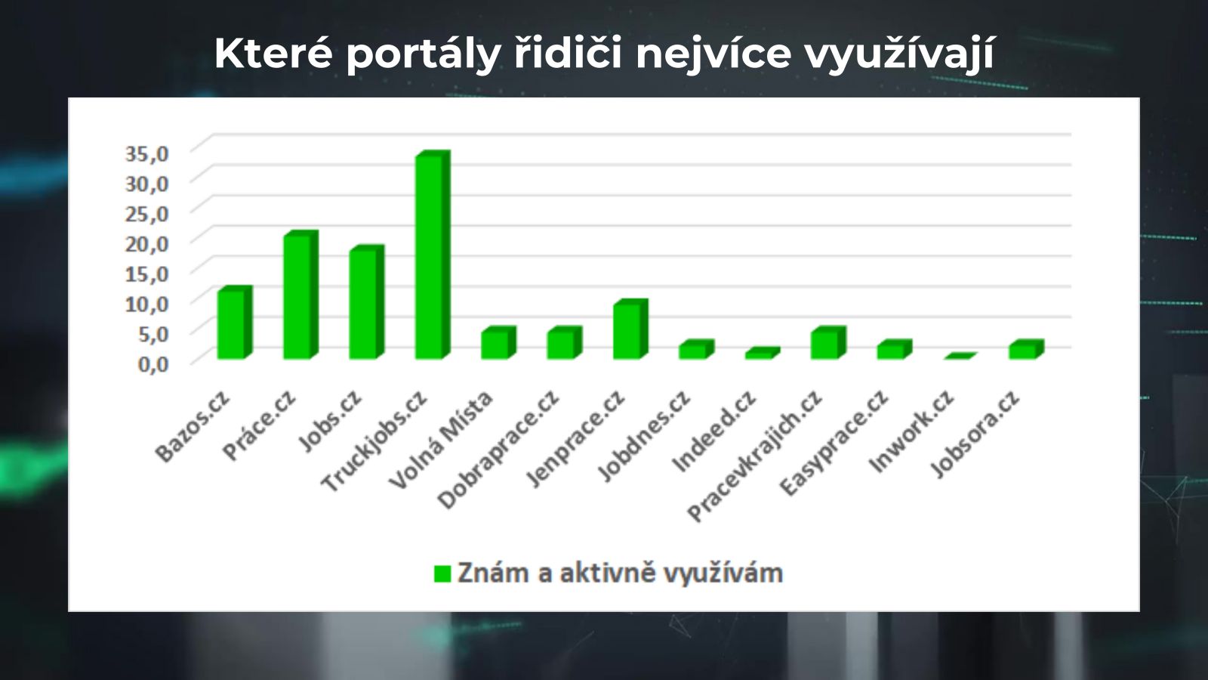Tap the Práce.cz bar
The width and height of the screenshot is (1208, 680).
301,295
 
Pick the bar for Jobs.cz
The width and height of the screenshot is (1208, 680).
367,302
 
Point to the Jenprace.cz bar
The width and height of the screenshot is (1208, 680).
630,329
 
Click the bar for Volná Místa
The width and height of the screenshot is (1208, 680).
499,343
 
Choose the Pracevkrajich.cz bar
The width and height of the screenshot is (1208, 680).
828,343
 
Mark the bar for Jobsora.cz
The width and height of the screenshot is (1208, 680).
1027,349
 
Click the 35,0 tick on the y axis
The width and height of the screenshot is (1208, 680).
147,154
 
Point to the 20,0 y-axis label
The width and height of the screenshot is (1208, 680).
147,244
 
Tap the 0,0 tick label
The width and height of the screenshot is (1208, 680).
154,363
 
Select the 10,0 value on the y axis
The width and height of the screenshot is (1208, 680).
147,304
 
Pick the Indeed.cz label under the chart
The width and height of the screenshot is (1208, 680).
714,431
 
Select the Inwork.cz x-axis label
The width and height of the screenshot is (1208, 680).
912,431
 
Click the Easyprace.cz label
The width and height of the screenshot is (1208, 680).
834,443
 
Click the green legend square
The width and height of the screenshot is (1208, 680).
442,574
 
